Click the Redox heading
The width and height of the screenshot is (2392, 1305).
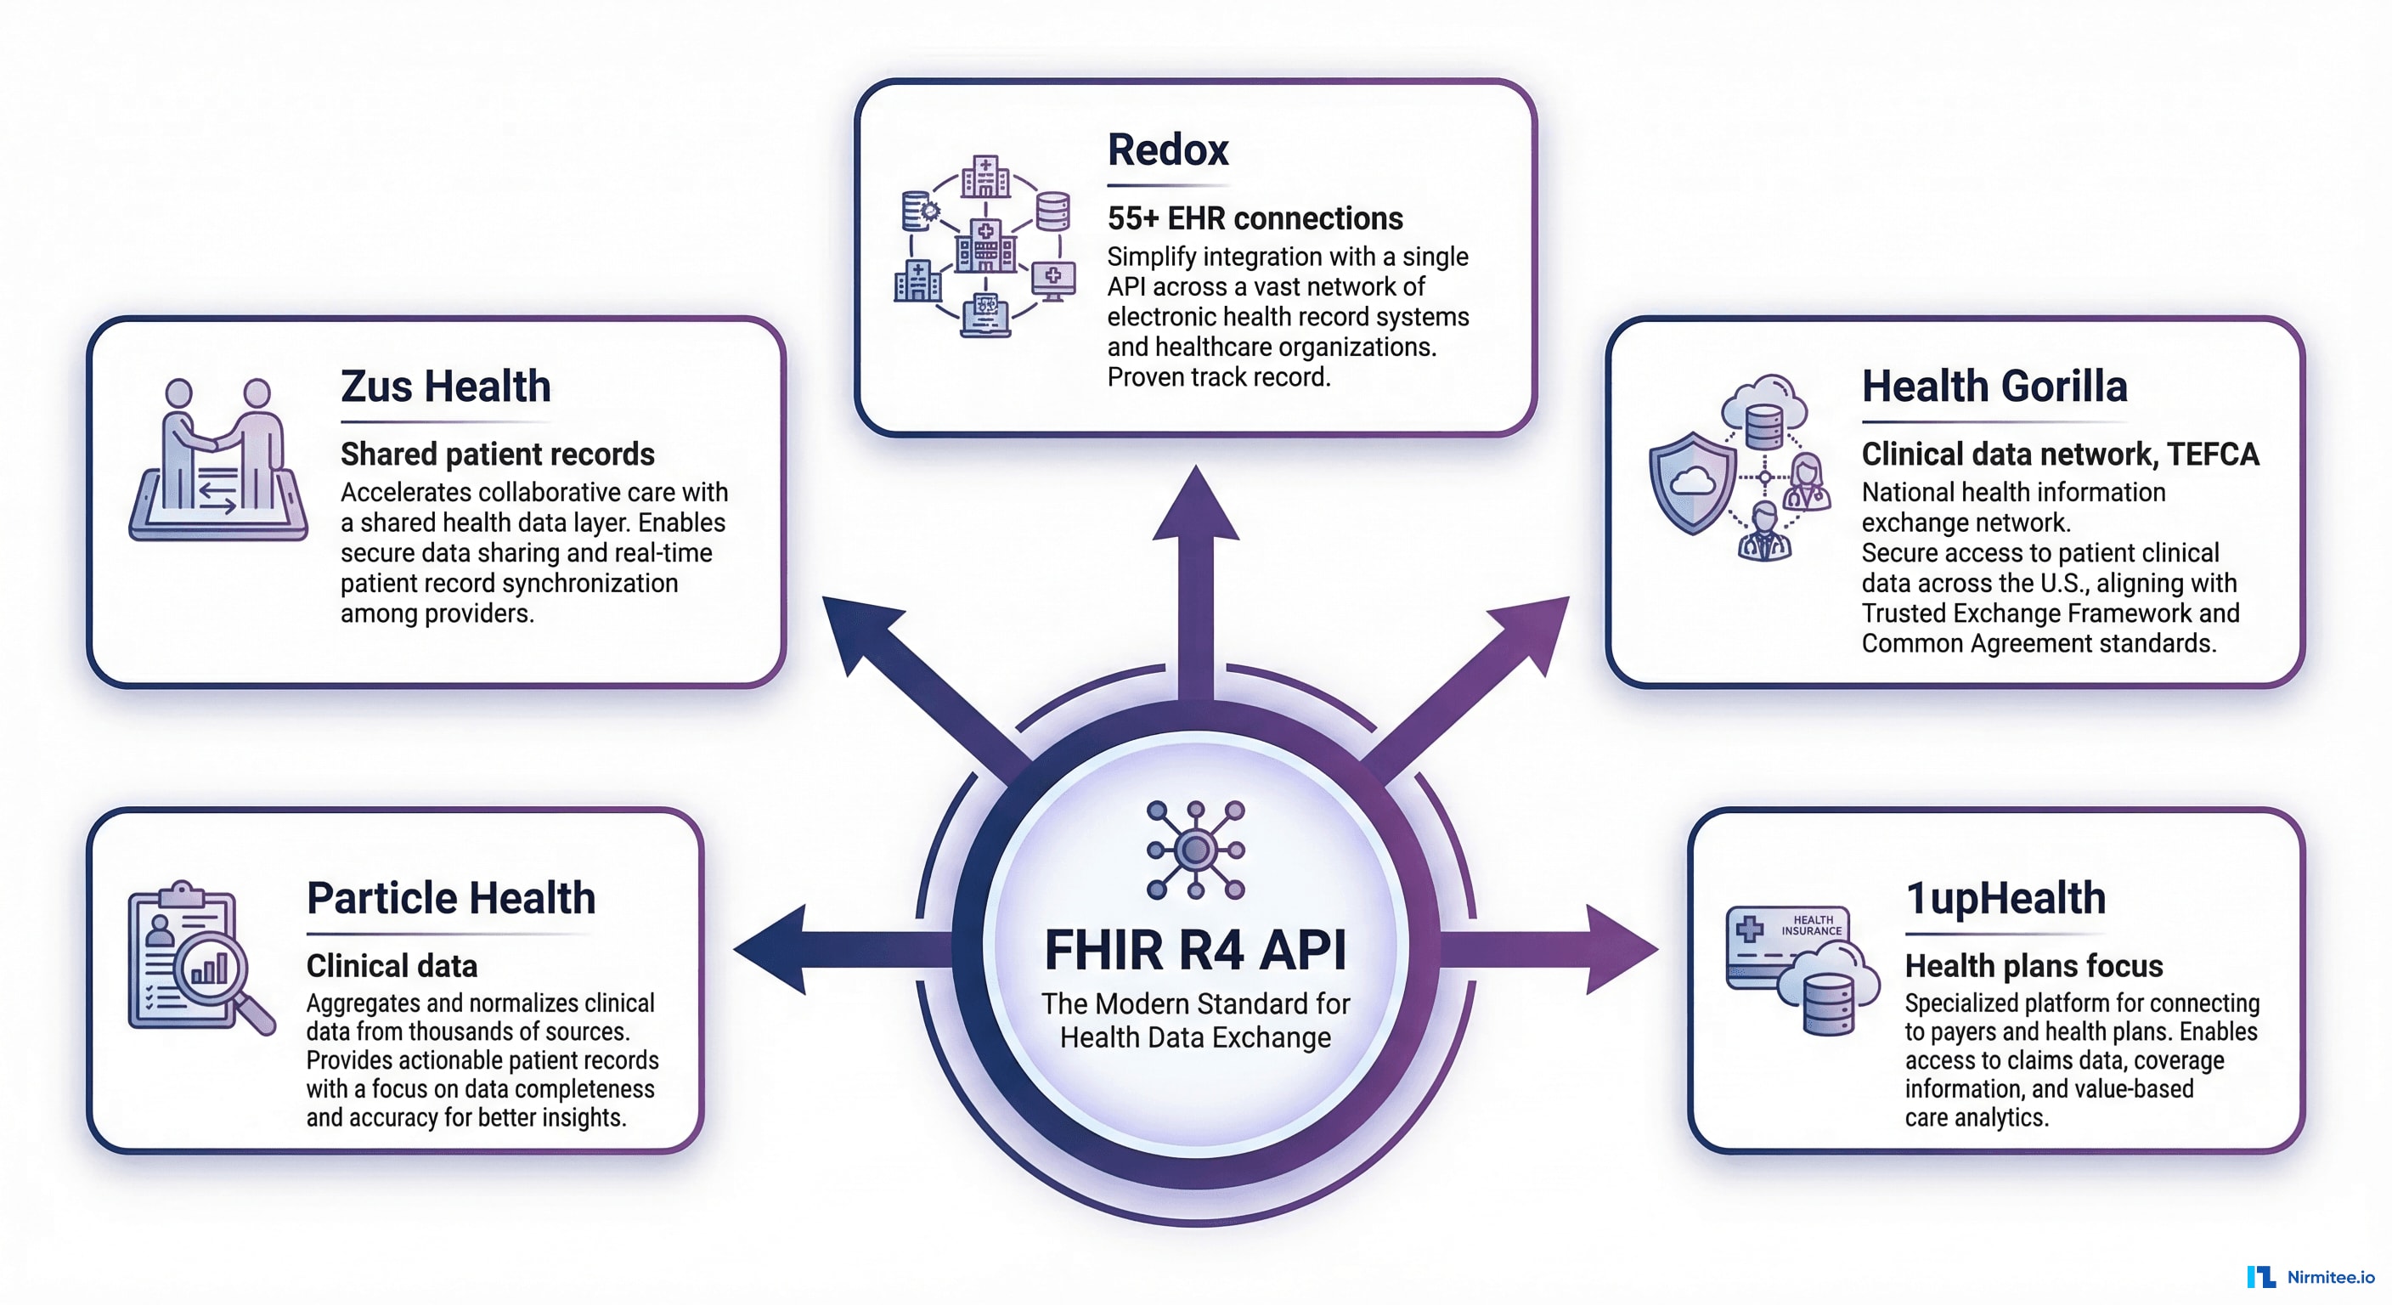pos(1167,150)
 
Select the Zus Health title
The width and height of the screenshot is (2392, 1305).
pos(445,387)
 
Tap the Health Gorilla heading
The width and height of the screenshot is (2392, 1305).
pos(1994,387)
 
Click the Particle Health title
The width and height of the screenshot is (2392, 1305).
pos(450,898)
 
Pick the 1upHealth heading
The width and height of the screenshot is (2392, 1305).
pos(2005,898)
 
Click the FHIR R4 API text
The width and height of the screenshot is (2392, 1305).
pos(1195,950)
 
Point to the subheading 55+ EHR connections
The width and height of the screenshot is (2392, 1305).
pos(1255,218)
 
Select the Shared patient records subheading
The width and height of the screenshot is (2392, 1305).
pos(497,455)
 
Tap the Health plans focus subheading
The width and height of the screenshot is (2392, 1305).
pos(2034,966)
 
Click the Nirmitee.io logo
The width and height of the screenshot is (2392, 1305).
pos(2310,1277)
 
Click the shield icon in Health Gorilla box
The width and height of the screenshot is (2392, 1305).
pos(1692,483)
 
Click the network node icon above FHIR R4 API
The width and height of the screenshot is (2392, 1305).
pos(1195,849)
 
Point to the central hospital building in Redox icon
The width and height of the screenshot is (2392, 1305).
pos(985,246)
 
